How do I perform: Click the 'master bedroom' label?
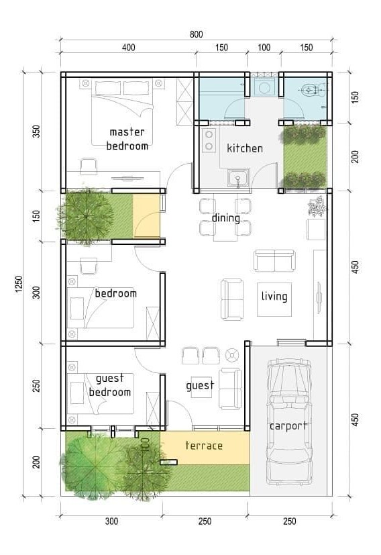tap(127, 139)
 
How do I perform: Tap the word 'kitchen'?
tap(245, 148)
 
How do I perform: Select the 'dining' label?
tap(225, 218)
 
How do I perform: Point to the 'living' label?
tap(274, 296)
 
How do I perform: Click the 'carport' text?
tap(288, 425)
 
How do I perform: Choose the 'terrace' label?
tap(204, 445)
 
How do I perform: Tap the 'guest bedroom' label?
tap(109, 385)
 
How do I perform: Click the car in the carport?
tap(289, 421)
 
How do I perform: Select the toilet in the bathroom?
tap(313, 90)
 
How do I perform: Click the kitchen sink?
tap(239, 178)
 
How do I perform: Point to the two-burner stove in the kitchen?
tap(209, 140)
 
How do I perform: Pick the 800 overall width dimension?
tap(197, 34)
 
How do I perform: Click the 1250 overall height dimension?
tap(19, 285)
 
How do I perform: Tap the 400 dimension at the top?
tap(128, 48)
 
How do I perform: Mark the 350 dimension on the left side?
tap(36, 132)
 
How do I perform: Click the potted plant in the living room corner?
tap(317, 206)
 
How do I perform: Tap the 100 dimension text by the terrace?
tap(145, 444)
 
